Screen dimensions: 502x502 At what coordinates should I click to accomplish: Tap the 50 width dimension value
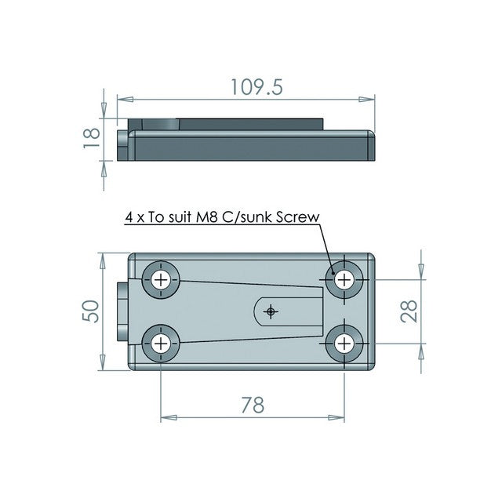point(91,311)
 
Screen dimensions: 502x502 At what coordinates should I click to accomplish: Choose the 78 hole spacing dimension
point(253,405)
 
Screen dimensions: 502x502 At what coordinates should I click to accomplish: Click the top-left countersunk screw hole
point(162,280)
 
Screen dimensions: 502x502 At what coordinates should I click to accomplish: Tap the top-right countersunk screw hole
point(344,279)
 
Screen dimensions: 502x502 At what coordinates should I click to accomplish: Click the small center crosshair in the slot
point(271,311)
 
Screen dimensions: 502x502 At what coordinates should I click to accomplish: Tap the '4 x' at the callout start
point(135,217)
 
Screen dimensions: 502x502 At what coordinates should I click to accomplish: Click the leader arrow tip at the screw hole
point(335,275)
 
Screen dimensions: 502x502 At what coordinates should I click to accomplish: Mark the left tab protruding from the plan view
point(122,311)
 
